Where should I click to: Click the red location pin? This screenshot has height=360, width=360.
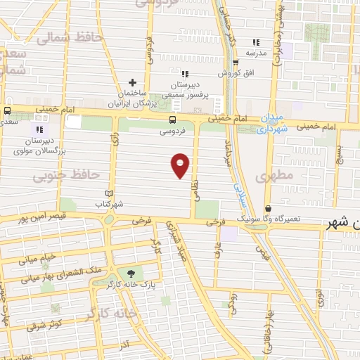(181, 165)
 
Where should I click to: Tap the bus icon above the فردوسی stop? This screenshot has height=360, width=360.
(173, 120)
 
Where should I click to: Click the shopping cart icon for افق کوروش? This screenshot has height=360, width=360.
(245, 63)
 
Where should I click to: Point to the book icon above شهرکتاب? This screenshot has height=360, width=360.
(108, 193)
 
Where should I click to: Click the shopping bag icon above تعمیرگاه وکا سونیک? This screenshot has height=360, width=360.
(268, 209)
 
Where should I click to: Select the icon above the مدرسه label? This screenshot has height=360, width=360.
(256, 42)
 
